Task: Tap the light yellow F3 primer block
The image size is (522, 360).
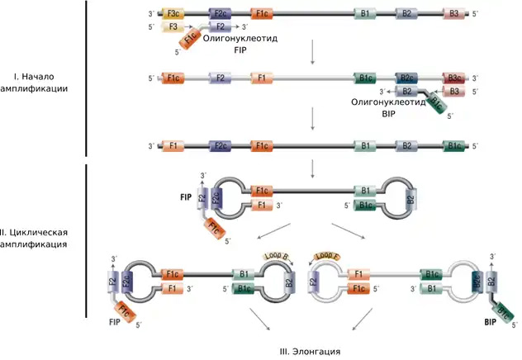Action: tap(174, 27)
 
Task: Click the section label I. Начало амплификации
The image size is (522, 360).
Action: tap(41, 81)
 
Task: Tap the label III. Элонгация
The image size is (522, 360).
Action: tap(310, 352)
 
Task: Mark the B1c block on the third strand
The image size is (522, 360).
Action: tap(454, 146)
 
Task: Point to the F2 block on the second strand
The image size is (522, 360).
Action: tap(221, 78)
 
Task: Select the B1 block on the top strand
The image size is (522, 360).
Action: tap(365, 14)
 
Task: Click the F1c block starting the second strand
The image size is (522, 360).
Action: tap(174, 78)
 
